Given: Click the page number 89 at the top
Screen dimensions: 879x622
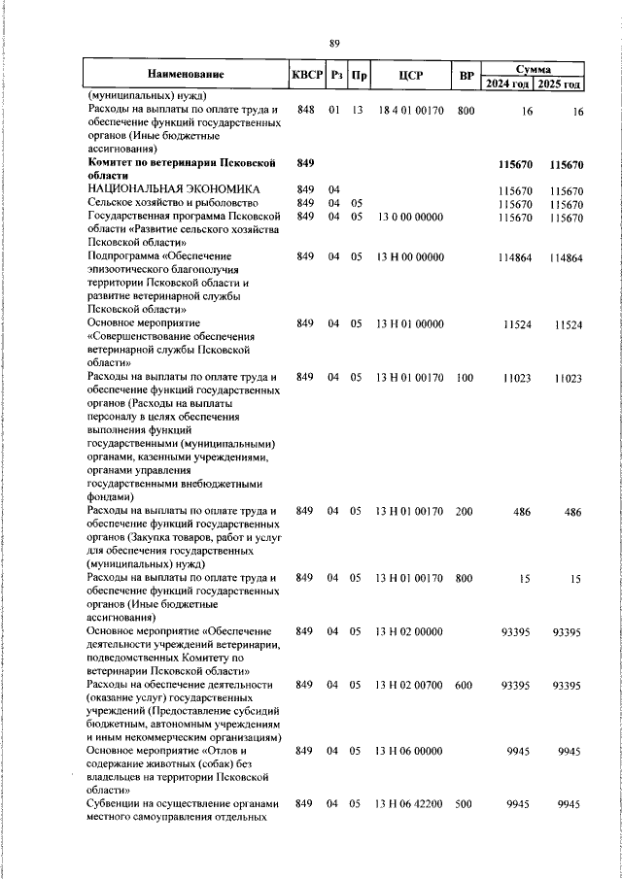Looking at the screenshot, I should coord(334,43).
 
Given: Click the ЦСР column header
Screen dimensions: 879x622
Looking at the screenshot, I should coord(408,75).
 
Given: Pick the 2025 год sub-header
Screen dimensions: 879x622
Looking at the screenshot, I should coord(561,84).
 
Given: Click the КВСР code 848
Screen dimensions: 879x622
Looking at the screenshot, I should coord(306,111).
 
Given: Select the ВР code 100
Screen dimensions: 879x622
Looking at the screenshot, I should coord(465,378).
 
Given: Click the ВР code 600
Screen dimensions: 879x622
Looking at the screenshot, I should coord(465,685).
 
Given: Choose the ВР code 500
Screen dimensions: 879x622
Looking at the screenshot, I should coord(465,804).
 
